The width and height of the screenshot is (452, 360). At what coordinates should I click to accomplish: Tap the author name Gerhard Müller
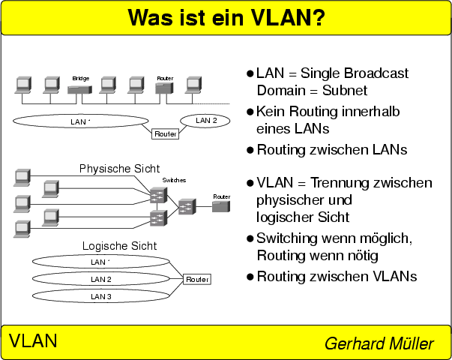[379, 343]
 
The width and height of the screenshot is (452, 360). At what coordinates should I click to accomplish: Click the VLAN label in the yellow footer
[33, 341]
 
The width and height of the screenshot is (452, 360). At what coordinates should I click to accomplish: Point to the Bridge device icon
[80, 88]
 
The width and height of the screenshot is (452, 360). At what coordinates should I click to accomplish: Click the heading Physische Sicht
[119, 169]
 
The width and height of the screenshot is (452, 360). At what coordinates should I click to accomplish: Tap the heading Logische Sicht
[119, 246]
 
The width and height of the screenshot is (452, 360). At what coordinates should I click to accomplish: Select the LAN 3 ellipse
[100, 296]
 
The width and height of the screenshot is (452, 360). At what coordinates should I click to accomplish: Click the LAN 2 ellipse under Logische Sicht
[100, 279]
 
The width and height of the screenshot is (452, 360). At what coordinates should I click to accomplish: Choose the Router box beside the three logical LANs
[197, 279]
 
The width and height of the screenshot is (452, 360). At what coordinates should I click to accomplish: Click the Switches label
[174, 181]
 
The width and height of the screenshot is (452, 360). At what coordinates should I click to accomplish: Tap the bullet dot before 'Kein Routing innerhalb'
[250, 112]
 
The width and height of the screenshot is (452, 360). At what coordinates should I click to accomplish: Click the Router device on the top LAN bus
[164, 89]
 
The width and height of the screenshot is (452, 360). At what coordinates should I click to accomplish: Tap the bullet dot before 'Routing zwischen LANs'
[250, 150]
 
